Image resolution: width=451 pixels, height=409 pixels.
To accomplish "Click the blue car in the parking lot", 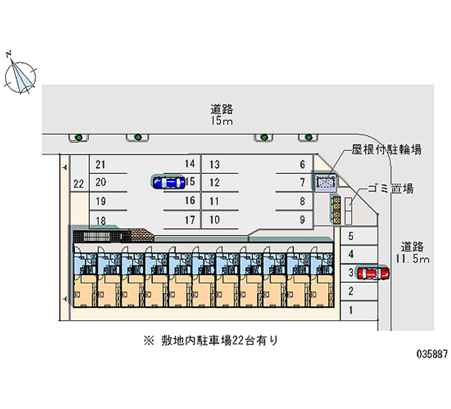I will [169, 182].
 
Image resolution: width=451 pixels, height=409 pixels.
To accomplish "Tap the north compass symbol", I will [20, 75].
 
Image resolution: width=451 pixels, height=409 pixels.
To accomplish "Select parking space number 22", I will [79, 183].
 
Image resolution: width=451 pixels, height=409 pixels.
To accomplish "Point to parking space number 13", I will [214, 165].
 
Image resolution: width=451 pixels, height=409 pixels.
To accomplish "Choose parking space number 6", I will [303, 165].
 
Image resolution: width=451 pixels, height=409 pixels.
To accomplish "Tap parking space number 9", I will [303, 220].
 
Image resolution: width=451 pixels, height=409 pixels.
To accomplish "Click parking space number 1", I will [351, 309].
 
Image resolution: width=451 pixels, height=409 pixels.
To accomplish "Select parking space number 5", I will [351, 236].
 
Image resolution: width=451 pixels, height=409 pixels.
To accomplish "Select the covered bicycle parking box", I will [326, 182].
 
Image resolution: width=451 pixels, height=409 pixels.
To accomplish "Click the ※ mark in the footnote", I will [148, 340].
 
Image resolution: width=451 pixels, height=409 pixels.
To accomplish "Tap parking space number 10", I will [214, 220].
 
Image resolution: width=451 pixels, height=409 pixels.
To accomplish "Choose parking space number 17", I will [189, 220].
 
